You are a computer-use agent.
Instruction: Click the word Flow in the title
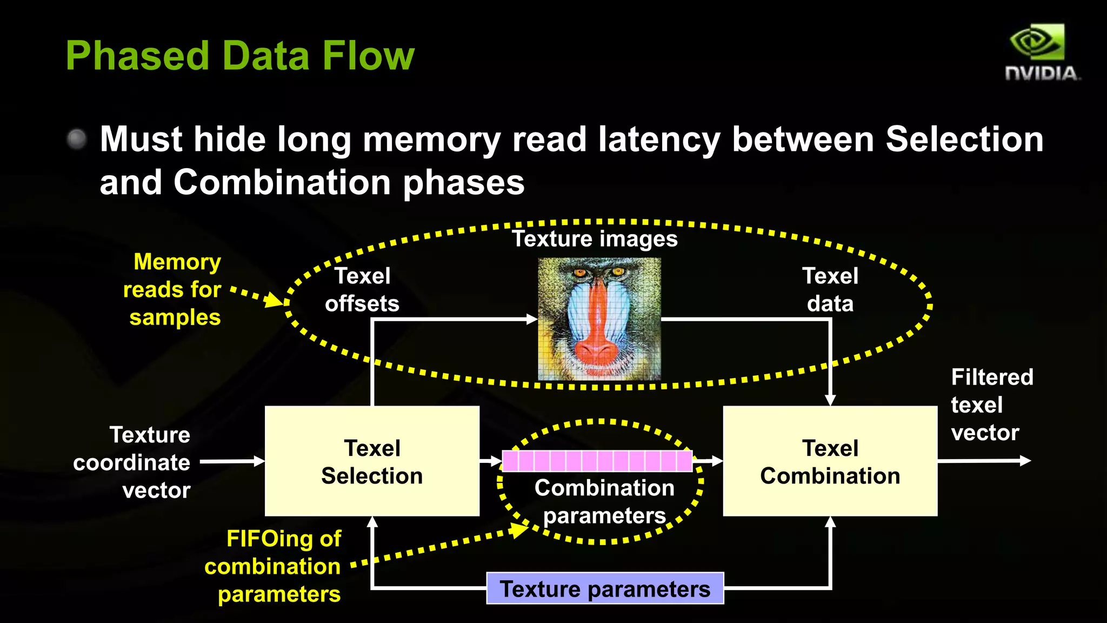tap(368, 56)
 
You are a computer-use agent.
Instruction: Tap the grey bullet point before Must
tap(77, 139)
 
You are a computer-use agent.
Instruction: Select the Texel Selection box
tap(372, 461)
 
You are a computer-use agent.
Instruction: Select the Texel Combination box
tap(830, 461)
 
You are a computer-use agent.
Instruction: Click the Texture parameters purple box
tap(605, 588)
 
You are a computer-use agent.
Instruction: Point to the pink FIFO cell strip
tap(597, 461)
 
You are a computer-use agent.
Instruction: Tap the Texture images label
tap(595, 238)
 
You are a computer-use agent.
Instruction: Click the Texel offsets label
tap(362, 290)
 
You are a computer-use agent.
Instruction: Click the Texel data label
tap(830, 290)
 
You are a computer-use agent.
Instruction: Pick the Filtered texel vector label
tap(991, 405)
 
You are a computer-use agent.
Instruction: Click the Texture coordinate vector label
tap(132, 462)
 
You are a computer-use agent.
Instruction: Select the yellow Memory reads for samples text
tap(172, 289)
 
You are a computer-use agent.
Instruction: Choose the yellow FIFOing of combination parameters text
tap(274, 566)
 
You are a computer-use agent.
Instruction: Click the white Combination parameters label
tap(604, 501)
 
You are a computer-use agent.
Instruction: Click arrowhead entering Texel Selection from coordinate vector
tap(259, 461)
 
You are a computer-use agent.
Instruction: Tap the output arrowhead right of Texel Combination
tap(1025, 461)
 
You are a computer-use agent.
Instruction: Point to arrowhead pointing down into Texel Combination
tap(830, 400)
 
